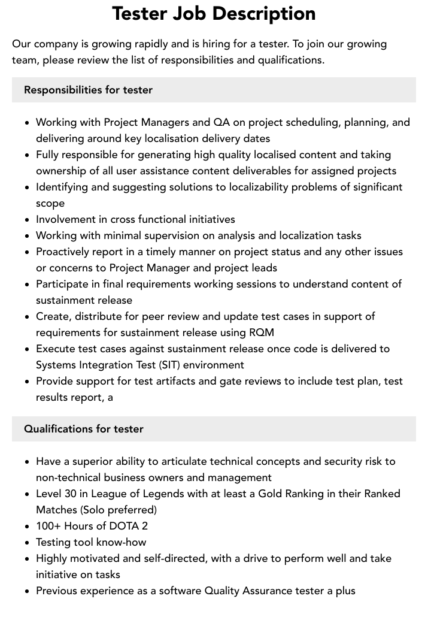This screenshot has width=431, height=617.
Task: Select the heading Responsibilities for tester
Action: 88,90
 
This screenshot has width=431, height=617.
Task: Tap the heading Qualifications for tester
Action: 84,429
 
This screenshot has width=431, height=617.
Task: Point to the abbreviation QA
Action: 221,122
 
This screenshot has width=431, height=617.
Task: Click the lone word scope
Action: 50,203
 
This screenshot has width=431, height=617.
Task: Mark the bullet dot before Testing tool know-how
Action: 27,543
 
